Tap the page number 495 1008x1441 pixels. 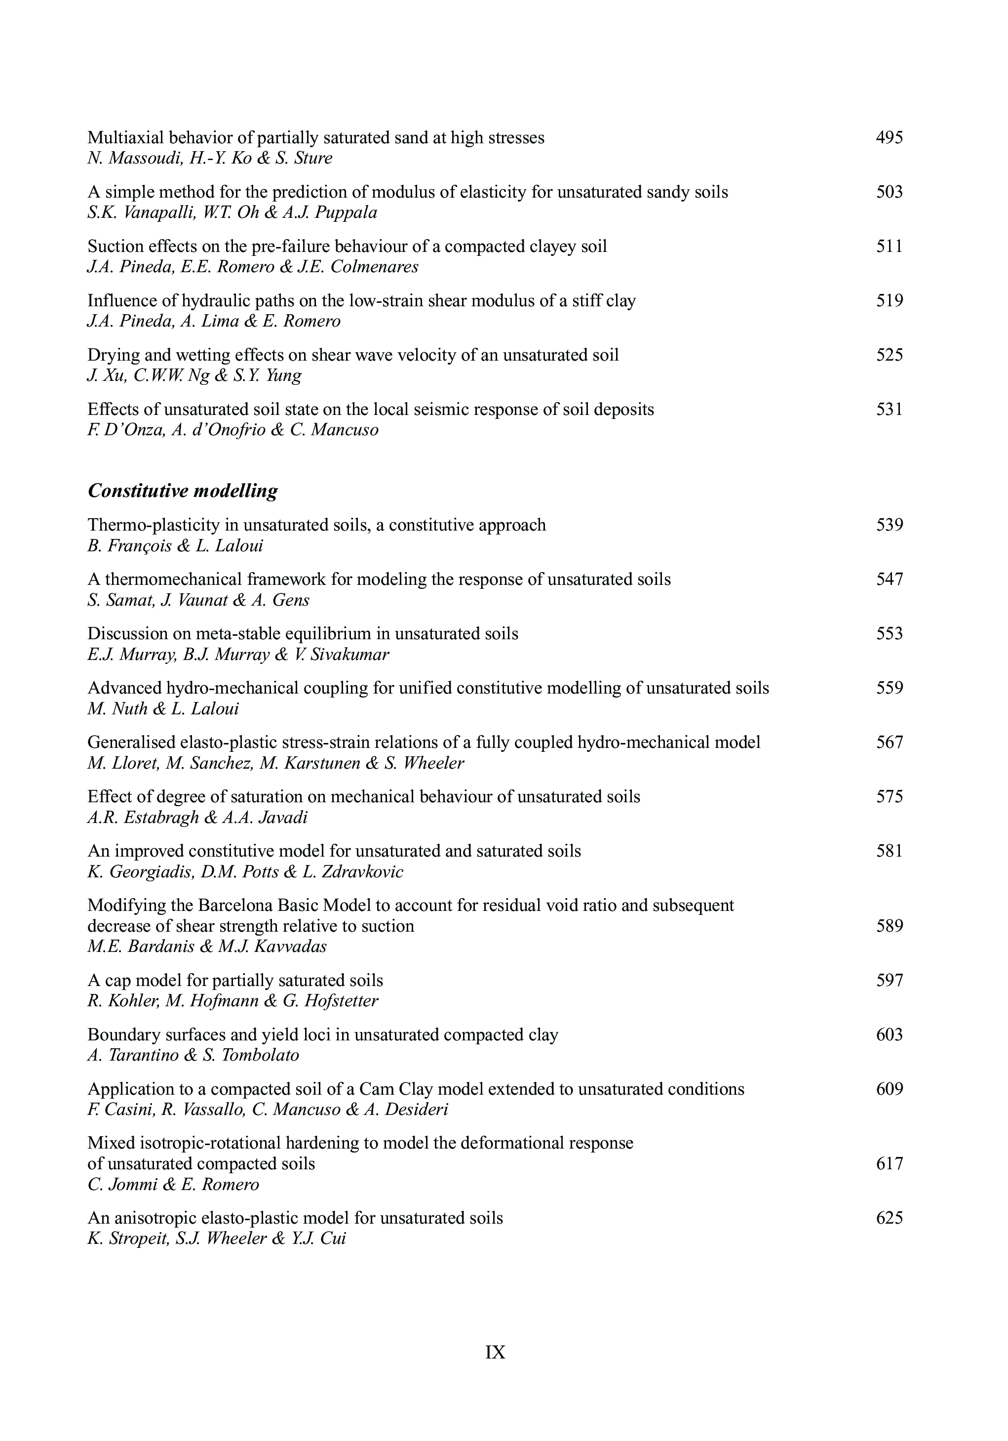[x=889, y=137]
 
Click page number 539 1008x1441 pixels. [x=889, y=525]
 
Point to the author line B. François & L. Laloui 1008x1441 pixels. [x=175, y=545]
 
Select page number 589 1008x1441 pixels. [x=889, y=926]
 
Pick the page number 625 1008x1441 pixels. [x=889, y=1218]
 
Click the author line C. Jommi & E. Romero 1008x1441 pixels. [x=173, y=1184]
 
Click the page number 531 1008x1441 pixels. [x=889, y=409]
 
